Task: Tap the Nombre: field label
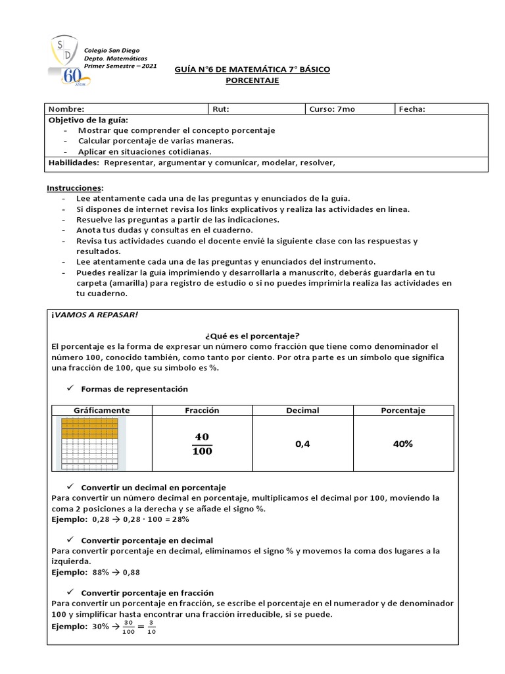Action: tap(66, 109)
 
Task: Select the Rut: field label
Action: tap(221, 109)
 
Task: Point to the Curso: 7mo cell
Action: tap(332, 109)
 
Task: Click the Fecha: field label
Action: tap(412, 109)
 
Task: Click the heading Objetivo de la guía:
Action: tap(89, 120)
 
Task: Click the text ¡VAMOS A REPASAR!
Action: tap(95, 315)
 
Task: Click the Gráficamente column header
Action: tap(101, 410)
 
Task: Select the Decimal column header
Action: tap(302, 410)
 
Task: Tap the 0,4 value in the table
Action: tap(302, 444)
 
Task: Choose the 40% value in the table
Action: tap(402, 444)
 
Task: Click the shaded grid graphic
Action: tap(90, 443)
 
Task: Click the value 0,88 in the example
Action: tap(131, 572)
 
